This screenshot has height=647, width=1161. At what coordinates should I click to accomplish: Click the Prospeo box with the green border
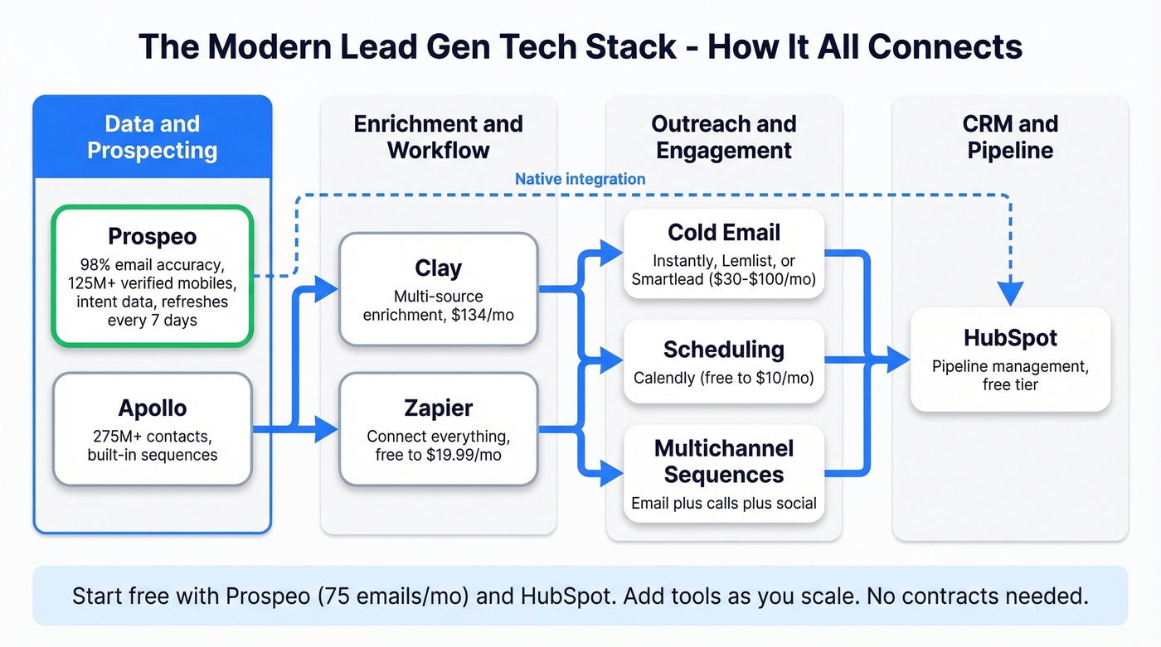point(152,275)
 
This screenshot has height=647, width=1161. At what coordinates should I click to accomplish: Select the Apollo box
point(152,428)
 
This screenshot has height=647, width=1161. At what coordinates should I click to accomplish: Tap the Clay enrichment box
point(439,289)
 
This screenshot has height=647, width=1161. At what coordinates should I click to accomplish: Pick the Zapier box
point(439,428)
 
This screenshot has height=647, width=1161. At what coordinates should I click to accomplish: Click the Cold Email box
point(723,253)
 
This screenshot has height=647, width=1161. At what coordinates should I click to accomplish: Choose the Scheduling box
point(723,361)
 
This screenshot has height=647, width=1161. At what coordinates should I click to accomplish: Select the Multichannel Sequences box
point(723,474)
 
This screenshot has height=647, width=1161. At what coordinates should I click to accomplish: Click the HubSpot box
point(1010,359)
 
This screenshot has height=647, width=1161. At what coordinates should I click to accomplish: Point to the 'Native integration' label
point(580,179)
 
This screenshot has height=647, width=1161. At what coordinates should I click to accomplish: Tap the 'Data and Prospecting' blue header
point(153,137)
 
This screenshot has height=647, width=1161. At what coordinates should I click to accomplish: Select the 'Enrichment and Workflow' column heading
point(439,137)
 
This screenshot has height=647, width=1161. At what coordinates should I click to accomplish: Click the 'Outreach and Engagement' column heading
point(723,137)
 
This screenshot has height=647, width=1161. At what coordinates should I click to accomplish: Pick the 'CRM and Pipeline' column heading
point(1010,137)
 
